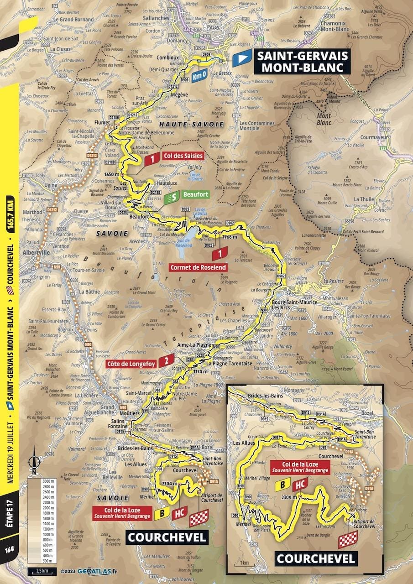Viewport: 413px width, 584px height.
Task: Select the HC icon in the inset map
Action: tap(299, 485)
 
